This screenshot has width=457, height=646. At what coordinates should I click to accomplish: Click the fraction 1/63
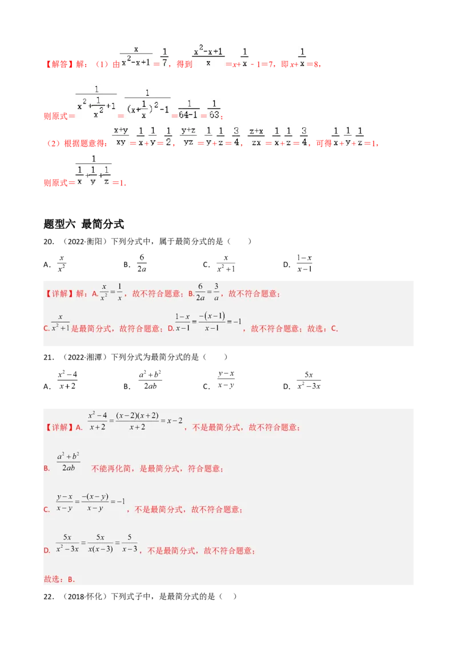click(213, 109)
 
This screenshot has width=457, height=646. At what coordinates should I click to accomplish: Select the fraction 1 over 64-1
click(189, 109)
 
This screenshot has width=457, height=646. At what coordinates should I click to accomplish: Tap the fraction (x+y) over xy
click(121, 136)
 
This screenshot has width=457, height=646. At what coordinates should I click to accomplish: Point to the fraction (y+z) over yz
click(189, 136)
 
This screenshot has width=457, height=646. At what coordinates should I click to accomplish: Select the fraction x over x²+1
click(60, 323)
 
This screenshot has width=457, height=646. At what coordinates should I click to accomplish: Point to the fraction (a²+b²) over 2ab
click(68, 462)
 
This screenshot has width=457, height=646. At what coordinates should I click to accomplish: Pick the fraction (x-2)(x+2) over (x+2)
click(136, 421)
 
